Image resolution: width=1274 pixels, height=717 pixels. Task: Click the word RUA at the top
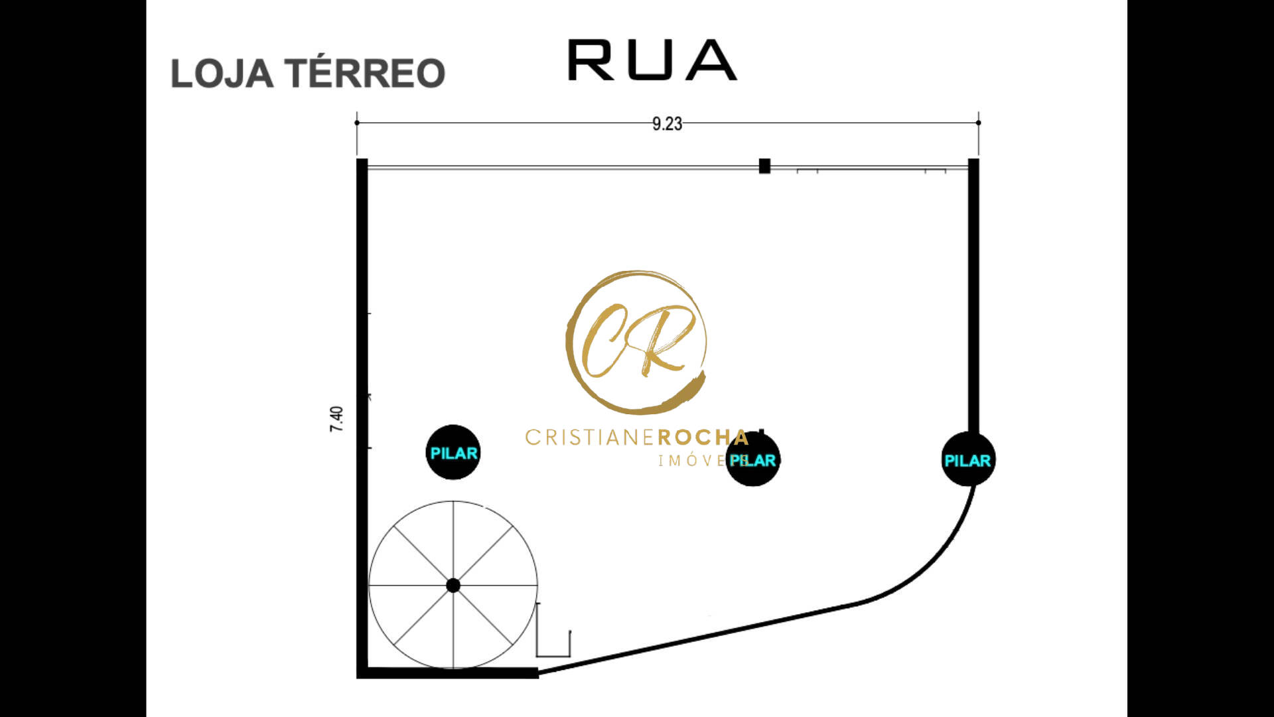652,60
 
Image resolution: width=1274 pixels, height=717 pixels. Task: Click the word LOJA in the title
222,73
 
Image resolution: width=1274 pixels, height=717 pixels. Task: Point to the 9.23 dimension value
667,124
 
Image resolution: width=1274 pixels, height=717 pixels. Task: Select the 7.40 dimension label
337,419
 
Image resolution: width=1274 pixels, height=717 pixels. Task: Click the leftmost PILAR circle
453,453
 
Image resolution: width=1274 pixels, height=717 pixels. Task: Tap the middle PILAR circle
753,459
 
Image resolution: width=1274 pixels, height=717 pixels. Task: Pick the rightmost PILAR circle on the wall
968,459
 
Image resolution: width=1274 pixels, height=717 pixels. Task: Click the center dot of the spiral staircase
453,586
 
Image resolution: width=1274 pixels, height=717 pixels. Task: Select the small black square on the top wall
764,166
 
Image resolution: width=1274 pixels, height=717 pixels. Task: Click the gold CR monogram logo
636,341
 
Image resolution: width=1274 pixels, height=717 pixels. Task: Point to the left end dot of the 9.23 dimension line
357,123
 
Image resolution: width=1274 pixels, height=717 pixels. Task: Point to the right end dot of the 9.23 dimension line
979,123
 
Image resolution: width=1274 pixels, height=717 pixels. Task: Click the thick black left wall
362,418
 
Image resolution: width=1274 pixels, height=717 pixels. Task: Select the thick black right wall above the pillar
973,296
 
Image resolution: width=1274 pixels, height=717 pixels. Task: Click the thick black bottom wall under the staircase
448,673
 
